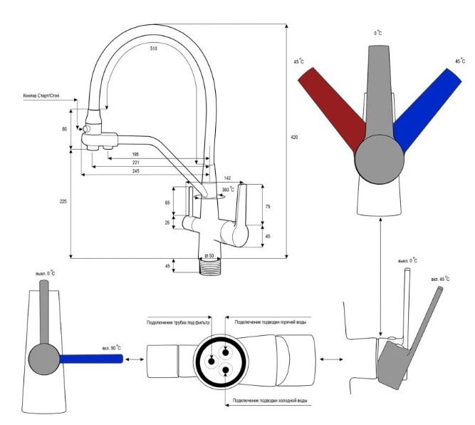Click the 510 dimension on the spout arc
click(x=153, y=48)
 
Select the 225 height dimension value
click(x=63, y=203)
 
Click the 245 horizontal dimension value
click(x=135, y=172)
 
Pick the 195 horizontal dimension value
click(x=135, y=154)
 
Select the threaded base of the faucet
click(x=210, y=267)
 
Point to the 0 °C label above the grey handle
click(x=379, y=34)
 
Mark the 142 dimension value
click(x=227, y=178)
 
